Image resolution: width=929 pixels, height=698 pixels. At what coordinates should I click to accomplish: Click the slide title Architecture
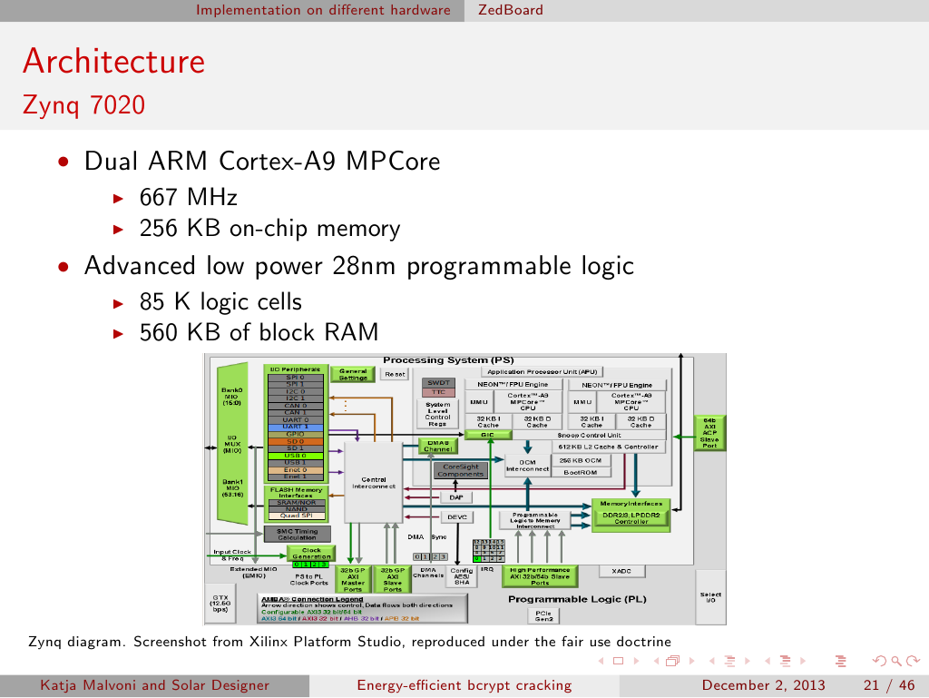(113, 62)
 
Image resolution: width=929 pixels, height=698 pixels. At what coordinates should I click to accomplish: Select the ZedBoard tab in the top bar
(511, 10)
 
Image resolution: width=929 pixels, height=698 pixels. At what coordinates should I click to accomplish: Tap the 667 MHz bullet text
(189, 197)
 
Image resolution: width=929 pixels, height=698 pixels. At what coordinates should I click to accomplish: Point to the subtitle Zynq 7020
(83, 105)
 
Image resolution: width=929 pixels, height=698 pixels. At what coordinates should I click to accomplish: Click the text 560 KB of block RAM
(259, 332)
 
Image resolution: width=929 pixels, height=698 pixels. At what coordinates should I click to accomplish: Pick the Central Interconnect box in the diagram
(373, 482)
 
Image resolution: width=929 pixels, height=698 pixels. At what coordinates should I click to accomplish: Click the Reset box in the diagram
(395, 373)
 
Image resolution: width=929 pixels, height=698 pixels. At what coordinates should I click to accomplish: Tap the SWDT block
(438, 382)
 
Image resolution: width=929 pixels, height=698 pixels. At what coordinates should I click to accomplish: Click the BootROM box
(580, 472)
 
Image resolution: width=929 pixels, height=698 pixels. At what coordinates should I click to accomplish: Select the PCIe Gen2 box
(543, 615)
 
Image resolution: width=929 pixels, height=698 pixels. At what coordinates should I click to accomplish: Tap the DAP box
(455, 496)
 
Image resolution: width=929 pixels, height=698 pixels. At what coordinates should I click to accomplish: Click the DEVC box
(456, 516)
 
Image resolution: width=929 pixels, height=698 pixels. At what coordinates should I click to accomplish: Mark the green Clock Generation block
(311, 553)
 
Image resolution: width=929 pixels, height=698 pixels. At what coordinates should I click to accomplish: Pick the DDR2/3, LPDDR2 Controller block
(631, 517)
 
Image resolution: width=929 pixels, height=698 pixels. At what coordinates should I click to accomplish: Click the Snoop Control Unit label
(589, 435)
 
